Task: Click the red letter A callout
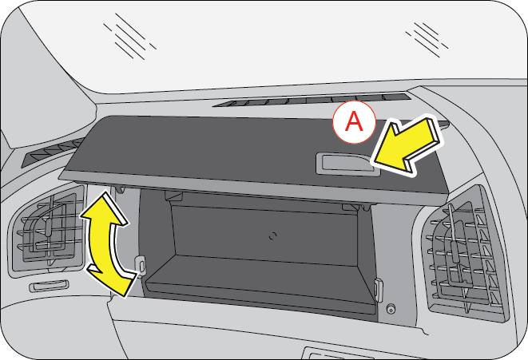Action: (x=354, y=122)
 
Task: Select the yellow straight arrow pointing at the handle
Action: (x=407, y=146)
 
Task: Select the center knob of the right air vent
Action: (x=455, y=251)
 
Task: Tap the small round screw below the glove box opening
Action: (x=391, y=309)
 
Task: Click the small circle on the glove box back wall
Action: (x=272, y=235)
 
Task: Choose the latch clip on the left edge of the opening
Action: (x=141, y=264)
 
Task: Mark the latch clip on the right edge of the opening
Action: (x=379, y=290)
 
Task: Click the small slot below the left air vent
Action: (x=50, y=286)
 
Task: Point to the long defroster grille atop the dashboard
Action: (x=312, y=100)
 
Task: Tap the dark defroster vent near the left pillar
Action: (x=52, y=152)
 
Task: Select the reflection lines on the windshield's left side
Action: (x=129, y=36)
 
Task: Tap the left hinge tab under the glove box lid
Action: (x=119, y=189)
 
